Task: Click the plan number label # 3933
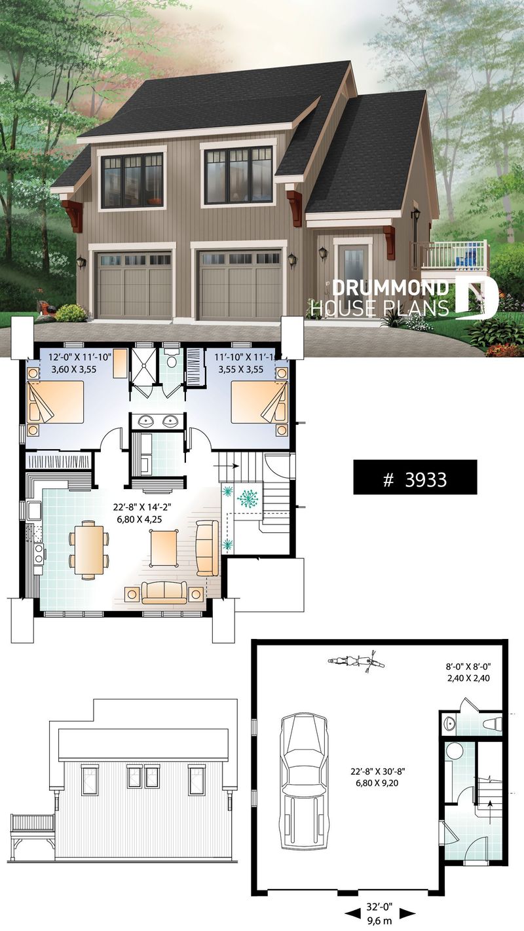pyautogui.click(x=415, y=480)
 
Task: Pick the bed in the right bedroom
pyautogui.click(x=259, y=401)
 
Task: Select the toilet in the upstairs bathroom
pyautogui.click(x=172, y=361)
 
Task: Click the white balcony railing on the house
pyautogui.click(x=450, y=255)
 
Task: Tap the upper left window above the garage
pyautogui.click(x=132, y=179)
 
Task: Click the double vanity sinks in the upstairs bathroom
pyautogui.click(x=160, y=421)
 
